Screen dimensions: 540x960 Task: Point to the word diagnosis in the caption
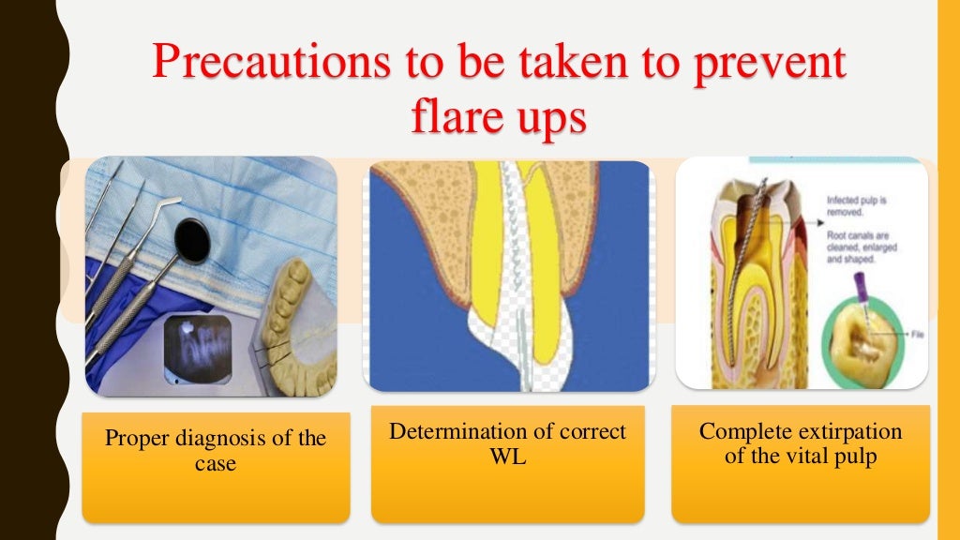[x=221, y=439]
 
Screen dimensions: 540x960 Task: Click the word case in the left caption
[x=216, y=463]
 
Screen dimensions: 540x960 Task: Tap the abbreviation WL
[x=507, y=457]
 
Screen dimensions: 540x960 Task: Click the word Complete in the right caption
[x=745, y=432]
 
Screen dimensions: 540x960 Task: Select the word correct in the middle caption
[x=590, y=432]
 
